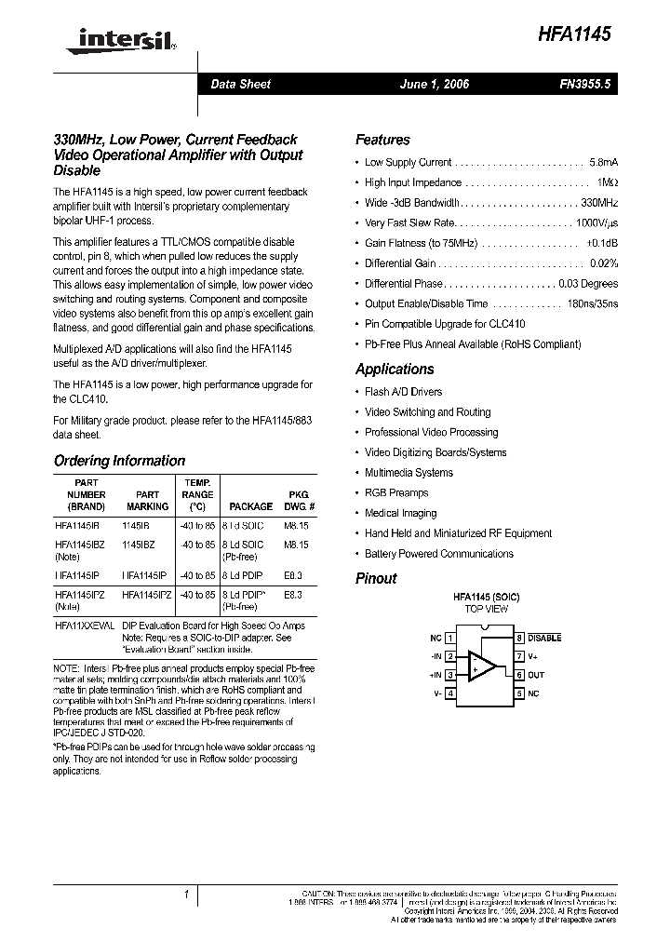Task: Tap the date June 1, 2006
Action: click(434, 85)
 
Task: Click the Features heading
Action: click(382, 140)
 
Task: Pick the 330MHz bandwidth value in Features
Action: click(599, 203)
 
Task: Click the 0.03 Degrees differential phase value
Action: click(587, 284)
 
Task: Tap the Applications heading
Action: click(395, 370)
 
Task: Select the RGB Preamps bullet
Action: click(396, 493)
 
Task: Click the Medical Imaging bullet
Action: click(400, 514)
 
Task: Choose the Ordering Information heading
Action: click(119, 461)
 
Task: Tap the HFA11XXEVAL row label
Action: click(85, 627)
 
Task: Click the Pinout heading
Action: click(376, 578)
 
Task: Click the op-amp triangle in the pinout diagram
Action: click(480, 666)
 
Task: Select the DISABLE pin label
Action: click(545, 639)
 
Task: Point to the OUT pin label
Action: click(536, 676)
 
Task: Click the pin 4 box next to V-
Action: click(450, 693)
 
